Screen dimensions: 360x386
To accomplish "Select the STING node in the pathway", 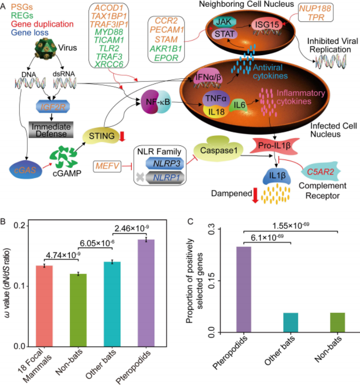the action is coord(102,136).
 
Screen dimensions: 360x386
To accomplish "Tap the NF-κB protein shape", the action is coord(156,102).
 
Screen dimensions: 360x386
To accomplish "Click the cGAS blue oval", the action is coord(25,170).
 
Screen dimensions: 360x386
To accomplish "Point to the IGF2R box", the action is coord(53,106).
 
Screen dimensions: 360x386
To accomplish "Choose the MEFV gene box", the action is coord(107,166).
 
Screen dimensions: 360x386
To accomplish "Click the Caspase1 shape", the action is coord(218,150).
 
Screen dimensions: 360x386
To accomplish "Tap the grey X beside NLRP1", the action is coord(140,177).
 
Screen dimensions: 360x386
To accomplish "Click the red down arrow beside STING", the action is coord(122,137).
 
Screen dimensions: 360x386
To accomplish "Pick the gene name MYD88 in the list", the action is coord(108,32).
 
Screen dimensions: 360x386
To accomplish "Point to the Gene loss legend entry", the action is coord(30,33).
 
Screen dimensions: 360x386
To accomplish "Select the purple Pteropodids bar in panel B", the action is coord(146,293).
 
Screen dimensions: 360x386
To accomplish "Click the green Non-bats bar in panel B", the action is coord(78,310).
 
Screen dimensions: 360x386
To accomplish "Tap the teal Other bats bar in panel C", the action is coord(291,323).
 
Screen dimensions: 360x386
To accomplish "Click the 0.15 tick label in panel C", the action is coord(212,281).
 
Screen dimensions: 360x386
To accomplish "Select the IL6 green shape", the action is coord(239,105).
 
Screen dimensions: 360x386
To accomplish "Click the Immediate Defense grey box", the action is coord(51,130).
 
